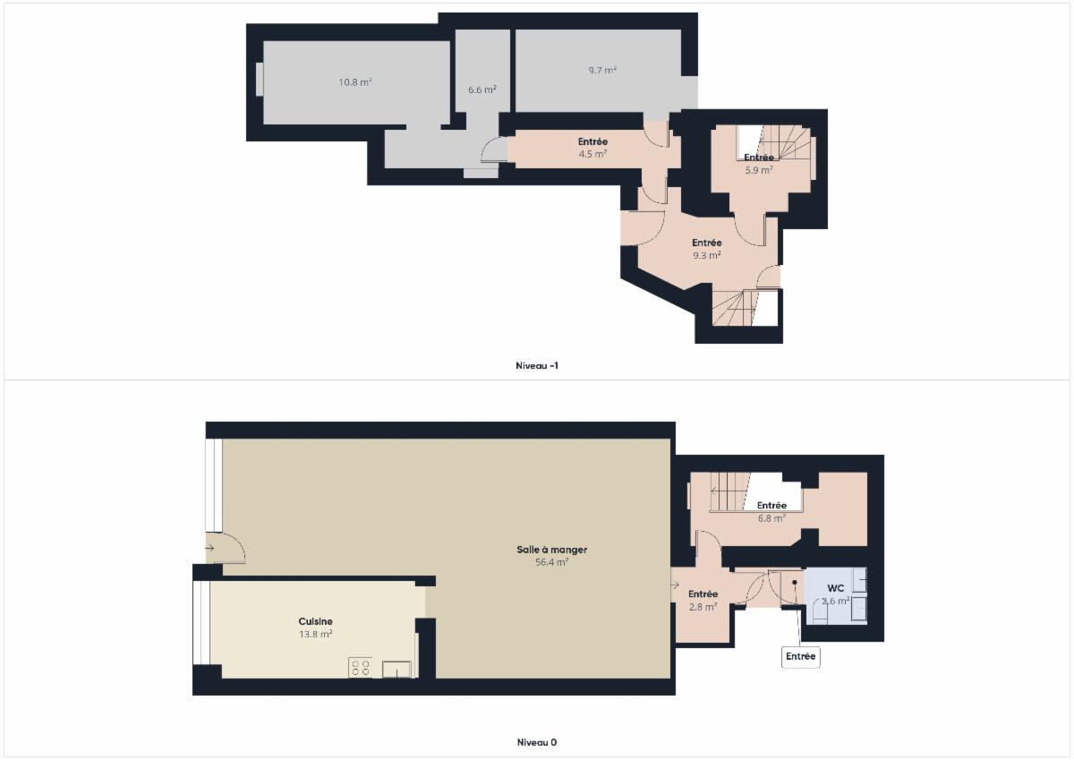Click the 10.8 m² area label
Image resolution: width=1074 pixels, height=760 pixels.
coord(355,82)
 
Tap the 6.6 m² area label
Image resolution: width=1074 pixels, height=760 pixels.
coord(482,90)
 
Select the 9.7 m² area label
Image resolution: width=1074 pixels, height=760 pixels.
coord(602,71)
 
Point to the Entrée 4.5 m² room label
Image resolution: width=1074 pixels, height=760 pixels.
coord(593,148)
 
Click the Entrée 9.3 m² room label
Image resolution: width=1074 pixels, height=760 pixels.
coord(707,249)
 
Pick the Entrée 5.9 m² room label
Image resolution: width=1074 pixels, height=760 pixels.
coord(759,164)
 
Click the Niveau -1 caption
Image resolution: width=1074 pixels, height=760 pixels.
coord(537,365)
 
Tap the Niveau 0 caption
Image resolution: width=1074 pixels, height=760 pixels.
coord(537,742)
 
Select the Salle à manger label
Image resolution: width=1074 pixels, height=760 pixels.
coord(552,550)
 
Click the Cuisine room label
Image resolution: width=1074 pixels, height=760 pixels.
coord(315,621)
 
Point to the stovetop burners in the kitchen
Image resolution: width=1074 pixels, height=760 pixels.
coord(361,668)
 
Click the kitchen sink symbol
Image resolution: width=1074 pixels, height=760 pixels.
coord(396,670)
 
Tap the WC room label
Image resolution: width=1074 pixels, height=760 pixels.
coord(836,588)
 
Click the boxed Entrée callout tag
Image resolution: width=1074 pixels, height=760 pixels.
coord(801,656)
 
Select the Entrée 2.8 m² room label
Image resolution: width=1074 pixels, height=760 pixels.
coord(703,601)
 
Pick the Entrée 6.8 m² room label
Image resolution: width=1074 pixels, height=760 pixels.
coord(771,511)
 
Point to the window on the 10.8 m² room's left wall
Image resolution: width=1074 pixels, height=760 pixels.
coord(260,79)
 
